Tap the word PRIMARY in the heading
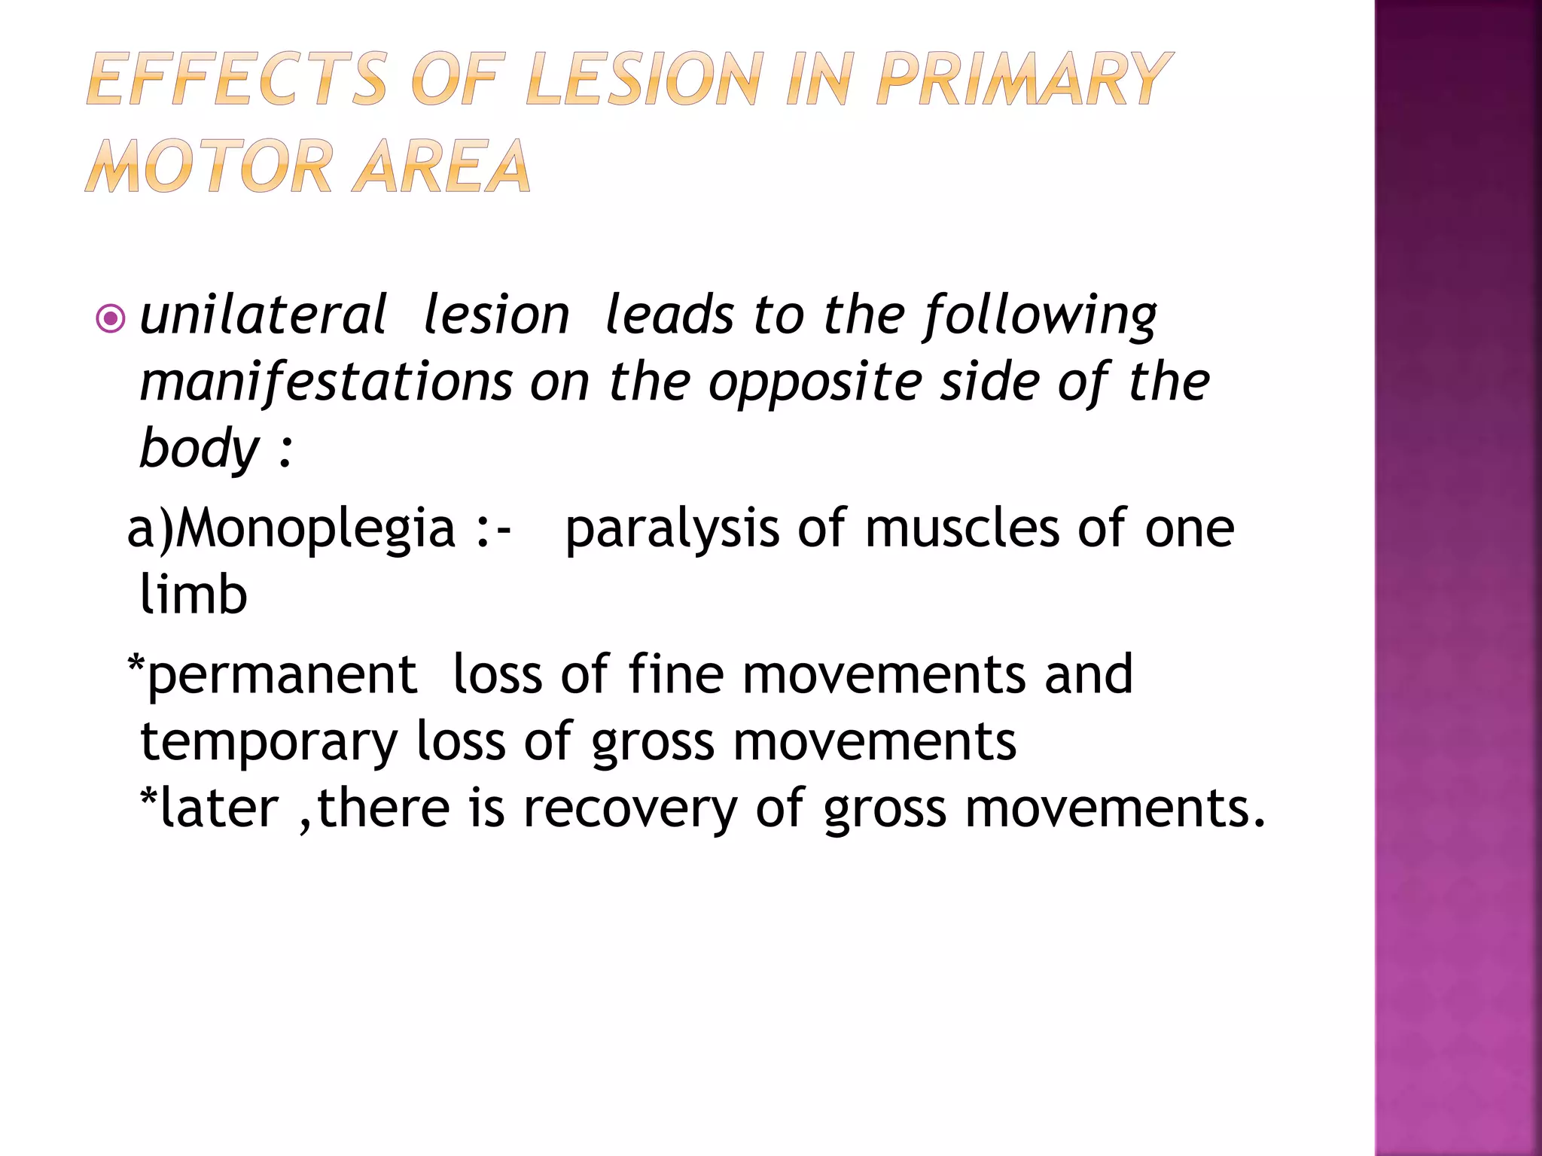click(x=1024, y=79)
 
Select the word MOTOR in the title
click(x=208, y=166)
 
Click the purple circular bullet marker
click(x=111, y=319)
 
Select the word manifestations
click(x=326, y=382)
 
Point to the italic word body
click(x=200, y=449)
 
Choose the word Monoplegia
click(x=316, y=529)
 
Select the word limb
click(x=194, y=595)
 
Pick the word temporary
click(x=269, y=742)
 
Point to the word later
click(x=219, y=808)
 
